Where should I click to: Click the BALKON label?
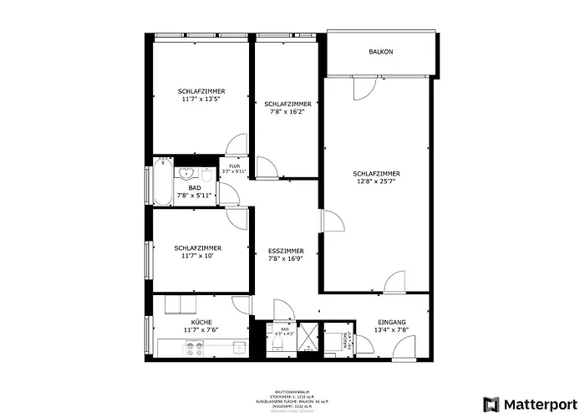click(x=381, y=52)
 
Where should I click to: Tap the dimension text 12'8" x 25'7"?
click(x=376, y=181)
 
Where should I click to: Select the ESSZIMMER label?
click(x=286, y=251)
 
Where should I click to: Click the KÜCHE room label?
click(x=201, y=323)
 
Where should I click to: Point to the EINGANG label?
click(x=392, y=323)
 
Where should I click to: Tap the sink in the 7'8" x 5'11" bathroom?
click(x=187, y=173)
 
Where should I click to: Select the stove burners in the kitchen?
click(x=195, y=349)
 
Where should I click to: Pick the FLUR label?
click(x=235, y=166)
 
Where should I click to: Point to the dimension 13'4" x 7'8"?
click(x=392, y=330)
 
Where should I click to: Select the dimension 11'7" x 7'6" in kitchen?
click(x=201, y=330)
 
